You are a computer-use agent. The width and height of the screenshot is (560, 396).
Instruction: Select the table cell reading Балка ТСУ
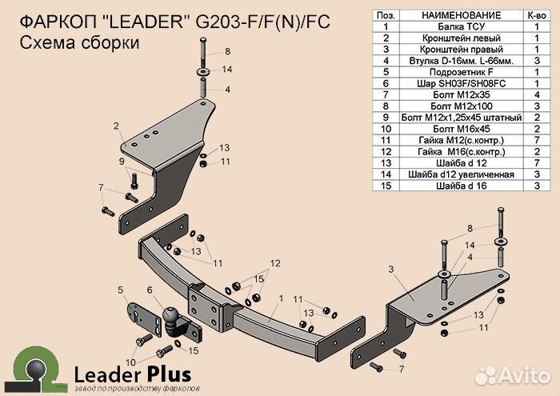(x=461, y=26)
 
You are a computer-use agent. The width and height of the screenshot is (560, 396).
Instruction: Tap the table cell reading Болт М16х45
(x=461, y=129)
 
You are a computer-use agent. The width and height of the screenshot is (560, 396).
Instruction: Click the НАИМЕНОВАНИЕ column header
(x=461, y=15)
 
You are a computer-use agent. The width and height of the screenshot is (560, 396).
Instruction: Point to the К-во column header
(x=537, y=15)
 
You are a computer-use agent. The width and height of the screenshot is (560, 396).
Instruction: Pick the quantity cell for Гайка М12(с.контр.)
(x=537, y=140)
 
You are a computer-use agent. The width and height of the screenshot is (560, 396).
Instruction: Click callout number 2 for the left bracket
(x=116, y=126)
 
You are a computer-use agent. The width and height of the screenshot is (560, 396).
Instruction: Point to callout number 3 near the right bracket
(x=391, y=269)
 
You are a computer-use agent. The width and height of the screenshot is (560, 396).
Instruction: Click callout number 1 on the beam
(x=281, y=298)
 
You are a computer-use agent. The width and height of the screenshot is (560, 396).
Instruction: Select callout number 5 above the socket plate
(x=121, y=290)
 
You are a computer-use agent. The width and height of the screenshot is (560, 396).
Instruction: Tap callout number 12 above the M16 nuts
(x=275, y=263)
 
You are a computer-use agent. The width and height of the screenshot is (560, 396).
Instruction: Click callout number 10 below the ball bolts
(x=130, y=362)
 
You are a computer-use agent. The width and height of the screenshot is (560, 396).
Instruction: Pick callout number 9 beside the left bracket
(x=122, y=162)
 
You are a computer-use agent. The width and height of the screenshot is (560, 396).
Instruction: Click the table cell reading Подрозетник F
(x=461, y=72)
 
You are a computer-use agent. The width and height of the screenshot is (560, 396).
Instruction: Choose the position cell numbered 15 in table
(x=386, y=186)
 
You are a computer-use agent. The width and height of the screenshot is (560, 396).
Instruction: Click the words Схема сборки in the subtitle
(x=79, y=43)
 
